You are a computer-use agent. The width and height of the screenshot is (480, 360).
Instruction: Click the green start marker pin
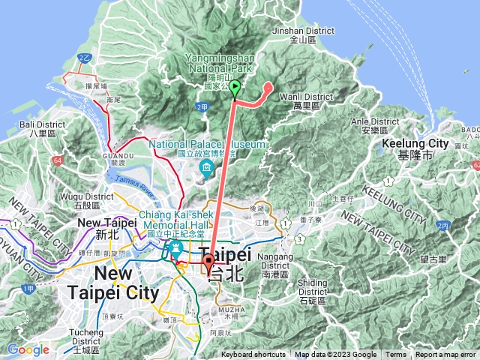coord(235,88)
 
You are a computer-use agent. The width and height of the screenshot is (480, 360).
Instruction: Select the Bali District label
coord(37,128)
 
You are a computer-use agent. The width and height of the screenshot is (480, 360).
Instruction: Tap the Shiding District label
coord(312,287)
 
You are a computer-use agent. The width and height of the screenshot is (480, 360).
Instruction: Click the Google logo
coord(28,349)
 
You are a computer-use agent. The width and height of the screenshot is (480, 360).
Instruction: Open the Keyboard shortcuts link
coord(253,355)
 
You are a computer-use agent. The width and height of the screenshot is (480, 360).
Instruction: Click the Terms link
coord(396,355)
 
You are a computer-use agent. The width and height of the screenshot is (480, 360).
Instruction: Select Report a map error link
coord(445,355)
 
